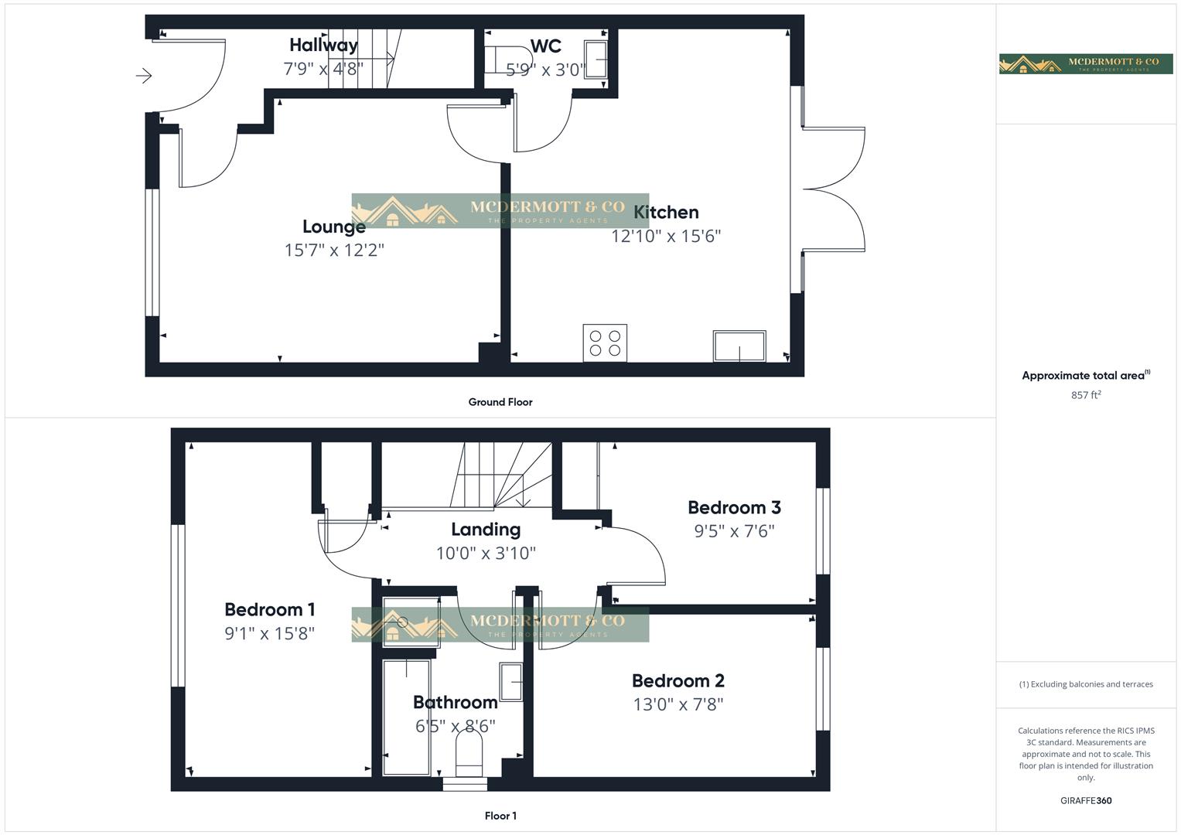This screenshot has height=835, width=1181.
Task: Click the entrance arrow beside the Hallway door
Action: click(x=144, y=76)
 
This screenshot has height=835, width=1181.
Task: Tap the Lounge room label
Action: click(x=333, y=227)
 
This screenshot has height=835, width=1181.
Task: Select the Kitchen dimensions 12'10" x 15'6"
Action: click(x=666, y=237)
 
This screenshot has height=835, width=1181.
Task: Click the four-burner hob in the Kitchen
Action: click(x=605, y=343)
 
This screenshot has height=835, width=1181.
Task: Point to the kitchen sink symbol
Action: click(x=739, y=346)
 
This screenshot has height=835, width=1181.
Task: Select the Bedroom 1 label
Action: click(x=269, y=609)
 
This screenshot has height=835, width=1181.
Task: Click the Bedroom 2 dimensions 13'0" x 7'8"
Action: click(x=678, y=704)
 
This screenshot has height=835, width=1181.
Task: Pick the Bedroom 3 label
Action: click(x=734, y=507)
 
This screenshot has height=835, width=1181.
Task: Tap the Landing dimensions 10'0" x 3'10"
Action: click(x=486, y=554)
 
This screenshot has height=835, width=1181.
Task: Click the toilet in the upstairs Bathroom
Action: click(x=469, y=753)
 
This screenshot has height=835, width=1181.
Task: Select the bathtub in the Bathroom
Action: click(x=407, y=717)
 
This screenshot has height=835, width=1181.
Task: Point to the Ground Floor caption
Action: click(x=500, y=402)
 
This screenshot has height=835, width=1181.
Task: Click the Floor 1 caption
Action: click(x=500, y=816)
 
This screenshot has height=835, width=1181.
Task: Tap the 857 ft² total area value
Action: click(x=1086, y=395)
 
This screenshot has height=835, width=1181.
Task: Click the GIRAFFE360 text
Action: click(x=1086, y=800)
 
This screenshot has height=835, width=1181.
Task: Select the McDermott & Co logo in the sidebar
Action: click(x=1085, y=64)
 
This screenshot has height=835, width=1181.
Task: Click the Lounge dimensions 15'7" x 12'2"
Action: click(x=333, y=250)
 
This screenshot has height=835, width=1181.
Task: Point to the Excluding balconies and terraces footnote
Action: click(x=1086, y=684)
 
